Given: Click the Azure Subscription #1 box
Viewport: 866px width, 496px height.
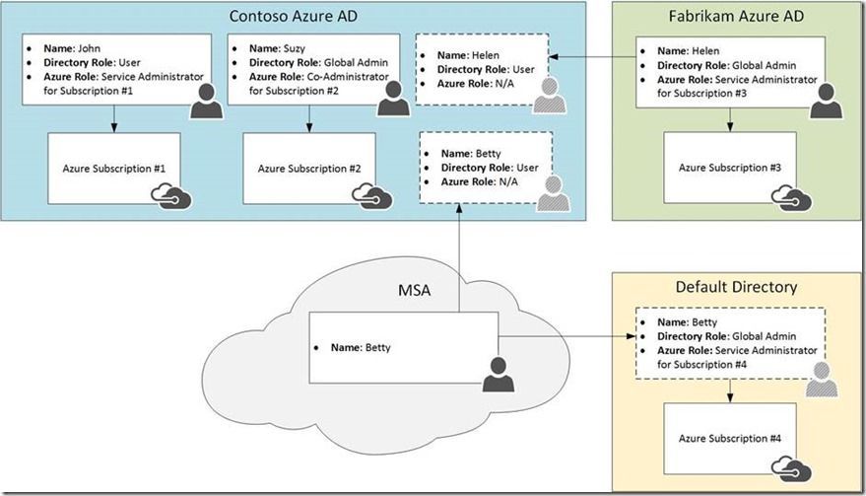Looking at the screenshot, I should pyautogui.click(x=114, y=169).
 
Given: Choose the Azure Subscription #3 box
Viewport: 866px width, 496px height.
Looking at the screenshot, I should pyautogui.click(x=730, y=169).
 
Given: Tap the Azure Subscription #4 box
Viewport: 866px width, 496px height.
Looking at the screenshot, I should pyautogui.click(x=730, y=438).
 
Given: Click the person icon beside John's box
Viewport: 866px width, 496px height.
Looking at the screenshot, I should pyautogui.click(x=205, y=99).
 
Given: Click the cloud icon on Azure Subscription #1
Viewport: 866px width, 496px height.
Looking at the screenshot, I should pyautogui.click(x=168, y=196).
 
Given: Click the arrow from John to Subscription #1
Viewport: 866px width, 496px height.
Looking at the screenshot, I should pyautogui.click(x=114, y=119).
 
